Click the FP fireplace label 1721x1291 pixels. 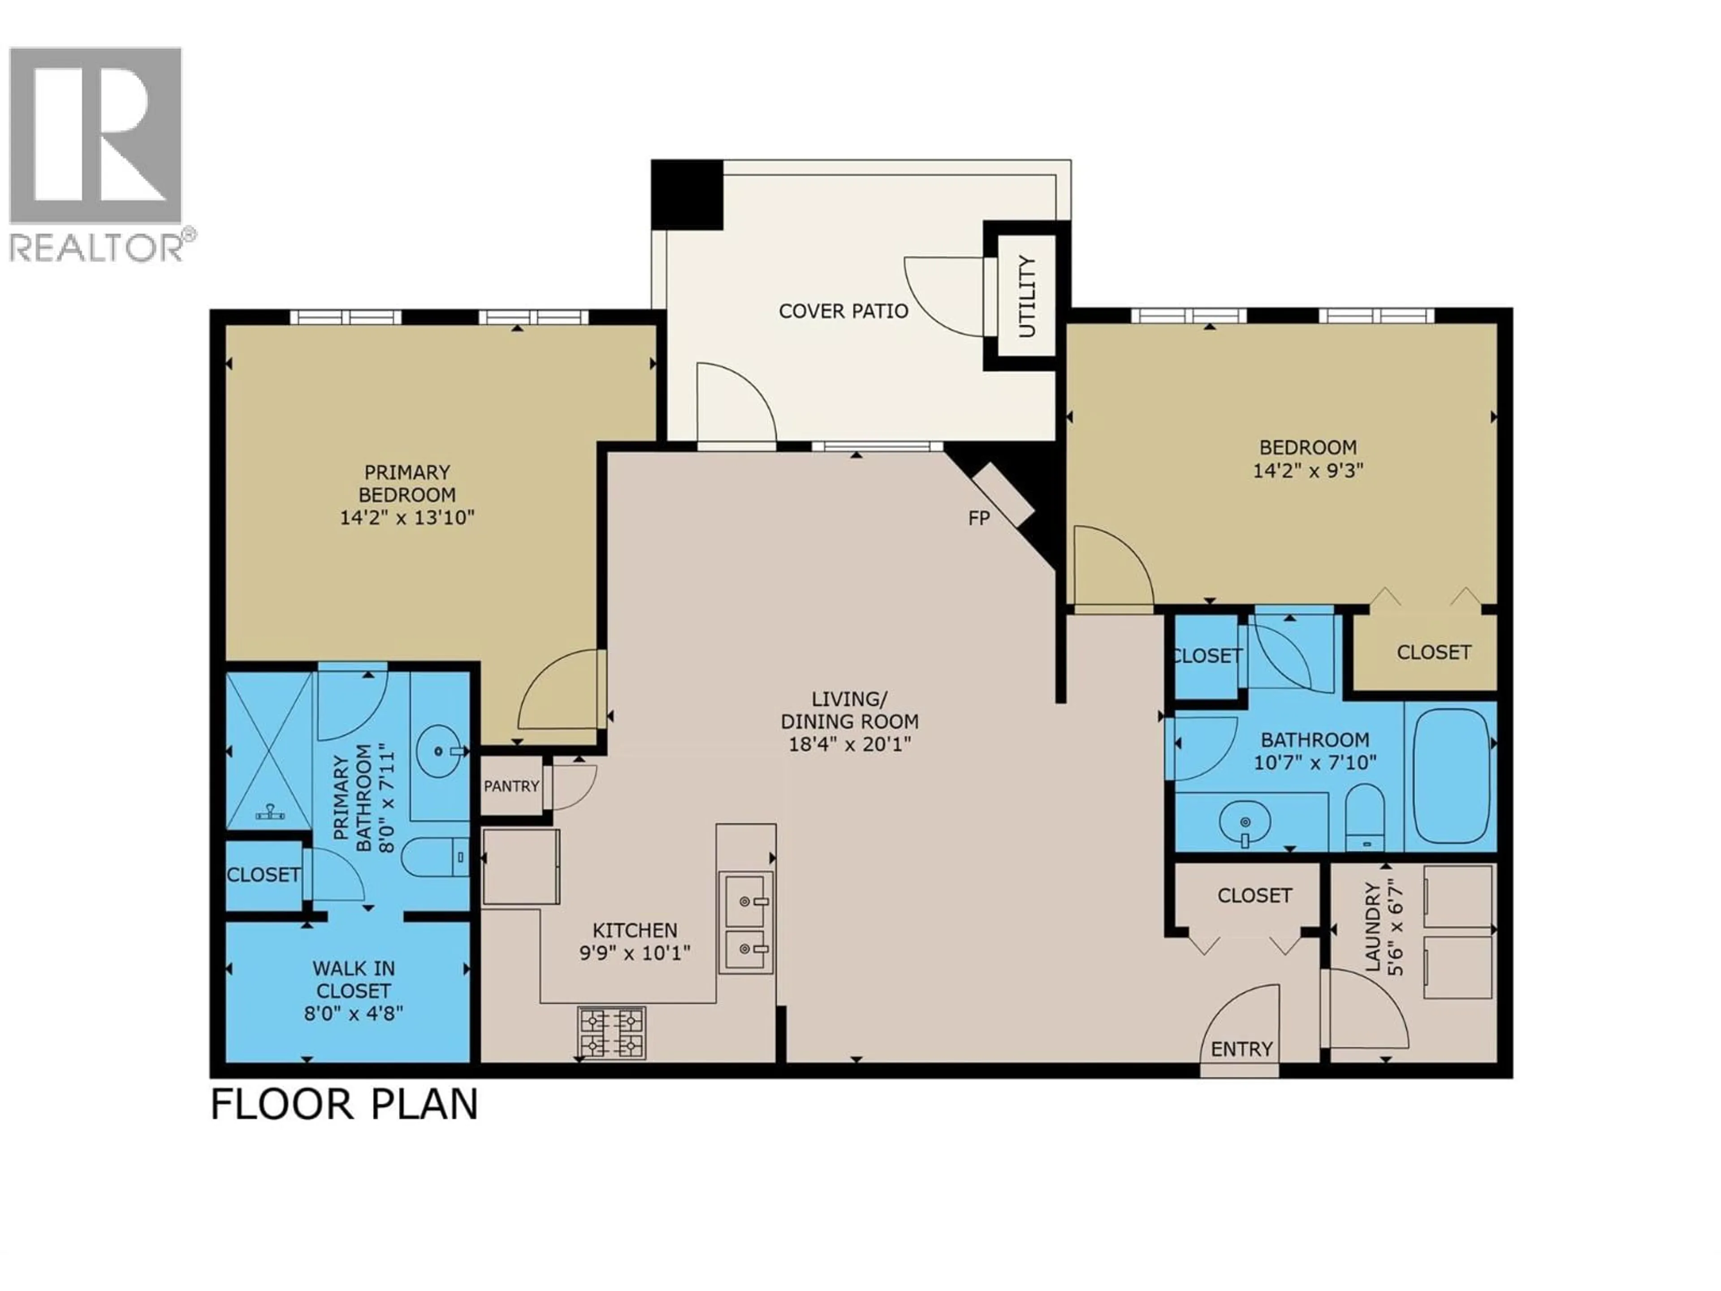[979, 518]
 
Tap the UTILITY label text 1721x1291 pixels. [1028, 296]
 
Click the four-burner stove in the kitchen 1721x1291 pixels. [611, 1033]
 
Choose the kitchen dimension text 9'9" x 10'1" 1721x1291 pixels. [635, 953]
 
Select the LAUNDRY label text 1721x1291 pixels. [1372, 927]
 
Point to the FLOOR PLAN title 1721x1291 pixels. [345, 1105]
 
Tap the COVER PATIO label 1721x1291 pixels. [843, 311]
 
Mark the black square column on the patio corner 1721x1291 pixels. [687, 195]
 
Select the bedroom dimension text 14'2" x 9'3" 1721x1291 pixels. [1308, 471]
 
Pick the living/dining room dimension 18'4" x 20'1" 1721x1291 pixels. [850, 744]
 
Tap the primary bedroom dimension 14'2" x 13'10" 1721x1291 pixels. [407, 517]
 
